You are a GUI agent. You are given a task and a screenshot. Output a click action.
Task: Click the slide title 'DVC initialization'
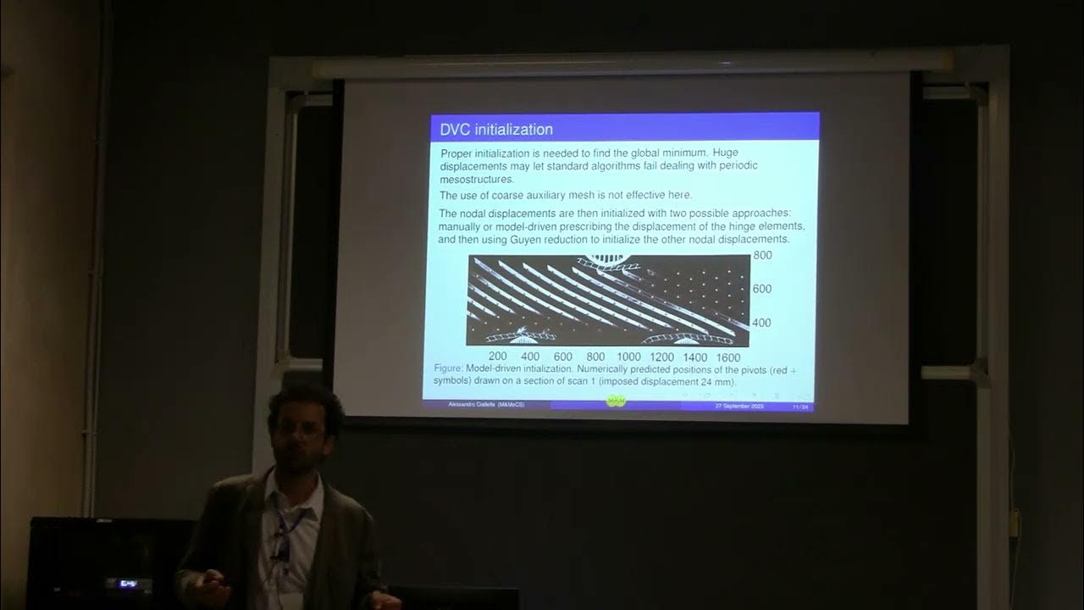[x=496, y=130]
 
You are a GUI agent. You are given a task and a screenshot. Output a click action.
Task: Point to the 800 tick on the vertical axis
[x=762, y=255]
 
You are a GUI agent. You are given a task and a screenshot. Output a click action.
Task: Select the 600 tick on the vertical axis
[x=762, y=289]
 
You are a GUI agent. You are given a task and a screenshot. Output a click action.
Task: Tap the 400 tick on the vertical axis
[x=762, y=323]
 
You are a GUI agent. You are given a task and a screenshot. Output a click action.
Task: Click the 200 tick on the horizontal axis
[x=498, y=358]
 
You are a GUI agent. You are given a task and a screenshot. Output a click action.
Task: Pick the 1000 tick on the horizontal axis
[x=628, y=358]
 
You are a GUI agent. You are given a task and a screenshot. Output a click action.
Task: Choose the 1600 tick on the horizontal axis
[x=727, y=358]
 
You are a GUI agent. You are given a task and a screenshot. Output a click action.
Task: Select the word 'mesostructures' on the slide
[x=477, y=179]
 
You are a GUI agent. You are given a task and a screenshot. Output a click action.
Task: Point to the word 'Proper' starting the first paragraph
[x=459, y=153]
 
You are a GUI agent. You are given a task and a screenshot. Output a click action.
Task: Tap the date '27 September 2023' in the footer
[x=739, y=407]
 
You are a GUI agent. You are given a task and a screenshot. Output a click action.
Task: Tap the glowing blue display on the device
[x=128, y=584]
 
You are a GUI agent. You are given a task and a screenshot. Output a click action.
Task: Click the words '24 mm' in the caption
[x=719, y=382]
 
